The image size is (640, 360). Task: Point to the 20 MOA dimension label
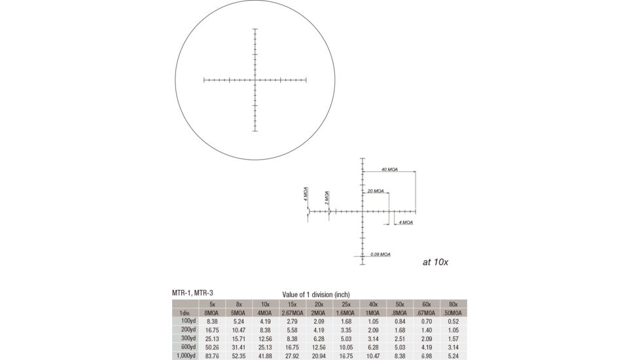[x=376, y=191]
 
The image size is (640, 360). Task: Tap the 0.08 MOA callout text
[x=380, y=254]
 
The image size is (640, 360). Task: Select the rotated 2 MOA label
[x=327, y=197]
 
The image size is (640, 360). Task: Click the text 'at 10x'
[x=435, y=262]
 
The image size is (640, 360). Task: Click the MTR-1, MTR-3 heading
[x=192, y=293]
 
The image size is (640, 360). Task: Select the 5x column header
[x=212, y=304]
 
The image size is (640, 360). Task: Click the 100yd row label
[x=187, y=321]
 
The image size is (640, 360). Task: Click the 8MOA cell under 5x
[x=212, y=313]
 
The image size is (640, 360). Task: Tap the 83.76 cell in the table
[x=212, y=355]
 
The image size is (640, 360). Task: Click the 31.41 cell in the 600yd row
[x=238, y=347]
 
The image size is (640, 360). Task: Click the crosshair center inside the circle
[x=255, y=81]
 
